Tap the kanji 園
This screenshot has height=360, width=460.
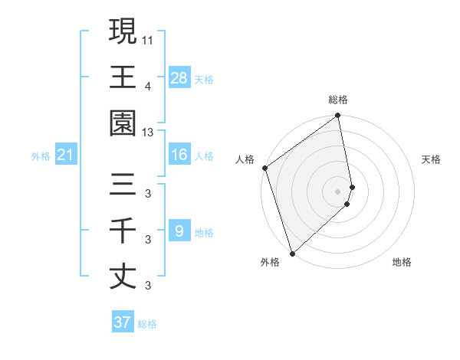click(123, 123)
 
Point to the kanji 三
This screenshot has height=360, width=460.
click(123, 184)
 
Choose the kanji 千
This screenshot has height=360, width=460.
click(123, 230)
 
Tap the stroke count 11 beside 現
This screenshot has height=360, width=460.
click(149, 38)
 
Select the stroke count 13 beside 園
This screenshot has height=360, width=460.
click(149, 133)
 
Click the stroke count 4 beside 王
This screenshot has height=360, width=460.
click(148, 85)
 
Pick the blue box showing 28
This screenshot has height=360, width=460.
click(179, 77)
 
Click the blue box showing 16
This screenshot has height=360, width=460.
click(179, 155)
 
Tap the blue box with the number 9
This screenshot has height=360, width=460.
click(179, 231)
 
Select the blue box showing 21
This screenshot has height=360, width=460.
click(66, 155)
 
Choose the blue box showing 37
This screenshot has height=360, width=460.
click(123, 322)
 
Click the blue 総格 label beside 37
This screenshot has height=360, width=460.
click(147, 324)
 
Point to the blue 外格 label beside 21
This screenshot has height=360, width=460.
click(41, 156)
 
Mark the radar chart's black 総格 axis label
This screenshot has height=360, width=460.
click(338, 100)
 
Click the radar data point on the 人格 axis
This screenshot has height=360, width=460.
click(264, 168)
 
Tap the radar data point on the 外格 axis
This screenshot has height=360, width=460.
click(292, 254)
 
